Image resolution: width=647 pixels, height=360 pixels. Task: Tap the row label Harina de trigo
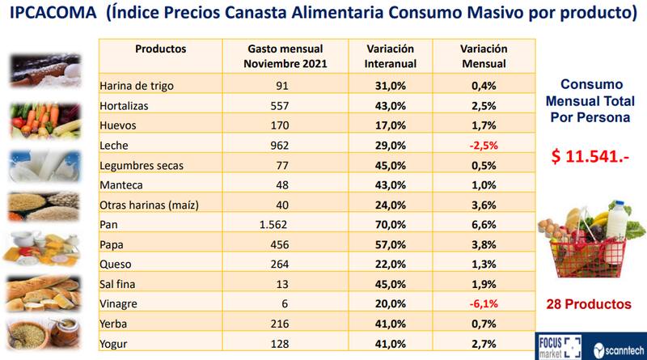point(136,85)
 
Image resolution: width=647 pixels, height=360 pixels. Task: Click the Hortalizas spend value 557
point(277,105)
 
